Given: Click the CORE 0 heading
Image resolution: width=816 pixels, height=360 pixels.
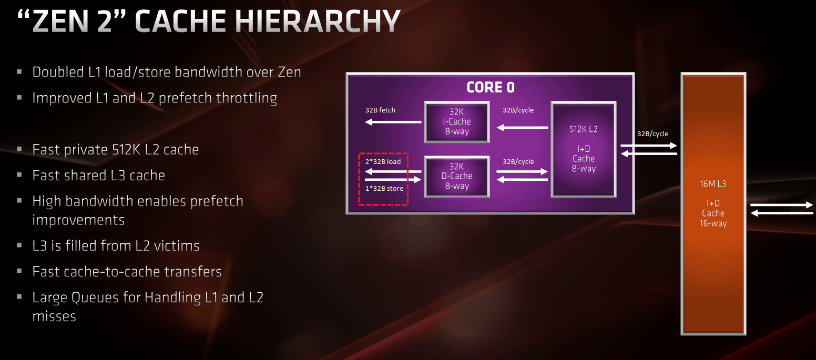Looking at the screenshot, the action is pos(491,87).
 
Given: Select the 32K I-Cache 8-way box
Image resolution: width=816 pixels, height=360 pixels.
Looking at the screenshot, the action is pos(457,122).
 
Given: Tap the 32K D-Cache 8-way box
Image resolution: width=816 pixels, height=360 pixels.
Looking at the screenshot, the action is pos(457,177).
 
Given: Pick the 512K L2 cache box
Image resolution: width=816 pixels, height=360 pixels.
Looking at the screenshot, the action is pos(584,149).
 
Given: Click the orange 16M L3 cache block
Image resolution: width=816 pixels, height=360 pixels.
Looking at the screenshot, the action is pos(713,204).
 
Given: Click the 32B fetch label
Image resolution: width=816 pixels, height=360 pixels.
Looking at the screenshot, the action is pos(380,110).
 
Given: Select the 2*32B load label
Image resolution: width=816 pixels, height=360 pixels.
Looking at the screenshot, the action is pos(383,162).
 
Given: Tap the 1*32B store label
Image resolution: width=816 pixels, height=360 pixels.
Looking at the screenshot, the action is pos(384,189).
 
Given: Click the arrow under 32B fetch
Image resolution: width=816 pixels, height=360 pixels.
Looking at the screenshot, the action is pos(393,122).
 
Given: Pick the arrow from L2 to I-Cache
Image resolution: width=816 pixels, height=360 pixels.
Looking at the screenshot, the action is pos(523,127).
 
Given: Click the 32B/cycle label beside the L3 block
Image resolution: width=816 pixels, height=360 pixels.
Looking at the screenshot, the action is pos(652,133).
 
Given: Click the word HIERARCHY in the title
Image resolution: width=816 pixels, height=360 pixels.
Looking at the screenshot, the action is pos(317,21).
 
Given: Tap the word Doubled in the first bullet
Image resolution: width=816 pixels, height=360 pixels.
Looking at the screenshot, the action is pos(58,72).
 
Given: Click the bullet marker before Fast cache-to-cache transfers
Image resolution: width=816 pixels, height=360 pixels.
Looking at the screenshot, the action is pos(19,271).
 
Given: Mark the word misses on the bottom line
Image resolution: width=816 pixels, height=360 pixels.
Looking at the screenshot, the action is pos(54,316).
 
